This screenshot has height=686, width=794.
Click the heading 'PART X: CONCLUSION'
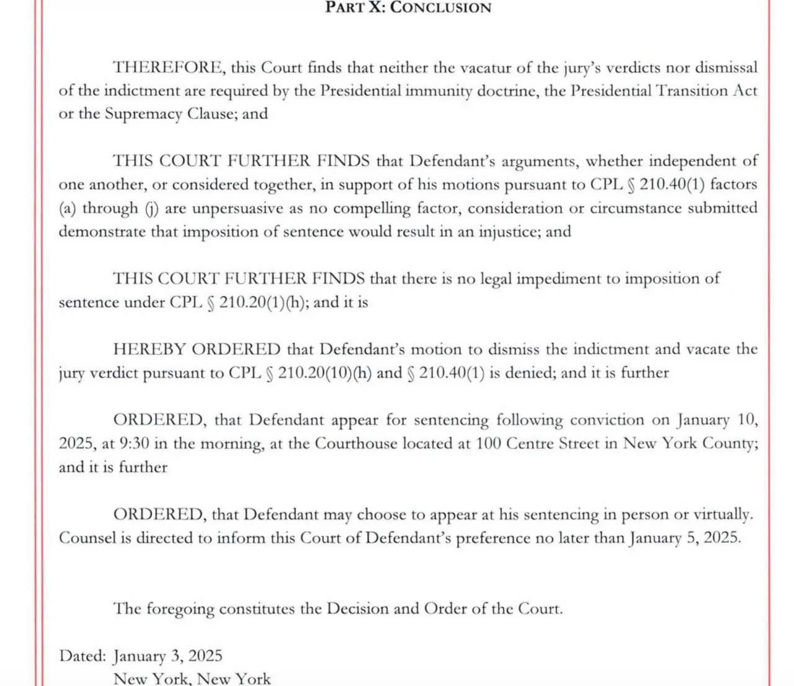408,8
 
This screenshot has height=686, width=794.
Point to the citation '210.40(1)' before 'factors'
672,185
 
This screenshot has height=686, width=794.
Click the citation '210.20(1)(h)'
263,303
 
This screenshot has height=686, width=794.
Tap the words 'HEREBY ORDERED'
197,349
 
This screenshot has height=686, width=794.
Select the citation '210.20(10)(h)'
324,373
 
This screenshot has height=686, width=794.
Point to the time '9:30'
135,444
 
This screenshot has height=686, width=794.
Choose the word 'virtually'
723,515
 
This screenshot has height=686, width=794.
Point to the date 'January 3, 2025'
167,656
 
